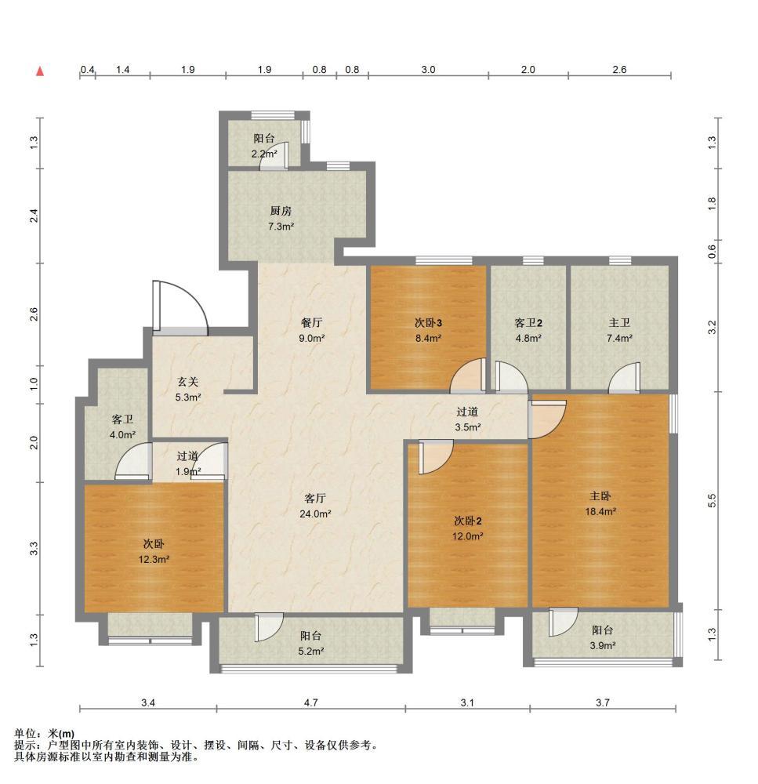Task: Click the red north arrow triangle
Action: point(40,71)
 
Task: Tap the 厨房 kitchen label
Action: point(281,211)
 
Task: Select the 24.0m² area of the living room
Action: point(315,514)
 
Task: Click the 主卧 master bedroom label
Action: point(600,496)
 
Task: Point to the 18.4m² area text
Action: point(600,511)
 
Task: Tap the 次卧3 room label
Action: point(428,323)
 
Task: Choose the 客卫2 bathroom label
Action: point(528,323)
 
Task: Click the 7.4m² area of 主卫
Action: point(619,338)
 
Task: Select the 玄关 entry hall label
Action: point(188,382)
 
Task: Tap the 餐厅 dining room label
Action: point(311,323)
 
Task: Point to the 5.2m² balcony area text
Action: point(311,651)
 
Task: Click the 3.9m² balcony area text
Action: point(602,645)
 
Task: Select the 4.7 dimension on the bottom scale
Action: point(311,702)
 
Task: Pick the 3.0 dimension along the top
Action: point(429,70)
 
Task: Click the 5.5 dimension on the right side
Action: point(713,500)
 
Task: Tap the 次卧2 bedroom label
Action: point(467,521)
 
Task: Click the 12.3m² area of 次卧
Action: point(154,559)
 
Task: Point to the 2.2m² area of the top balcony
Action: point(264,154)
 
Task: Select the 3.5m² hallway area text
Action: point(467,427)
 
